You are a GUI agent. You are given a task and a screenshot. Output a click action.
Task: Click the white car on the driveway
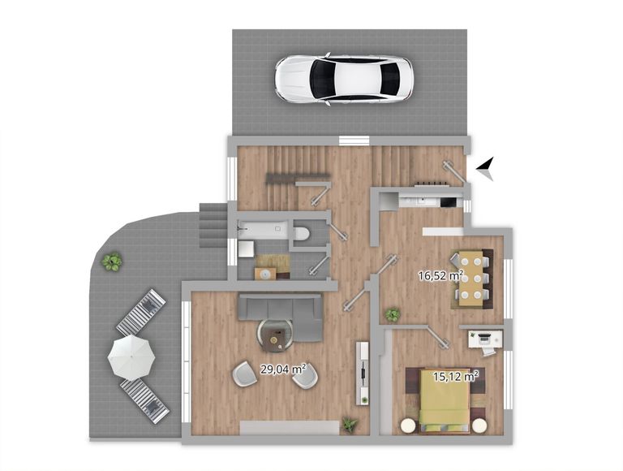(344, 79)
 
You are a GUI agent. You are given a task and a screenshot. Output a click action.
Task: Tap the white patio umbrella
(131, 356)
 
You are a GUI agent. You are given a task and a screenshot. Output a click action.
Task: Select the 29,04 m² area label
(283, 369)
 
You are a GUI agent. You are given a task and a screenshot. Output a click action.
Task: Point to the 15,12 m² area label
(455, 376)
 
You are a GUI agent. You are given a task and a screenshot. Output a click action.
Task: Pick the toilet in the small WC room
(301, 234)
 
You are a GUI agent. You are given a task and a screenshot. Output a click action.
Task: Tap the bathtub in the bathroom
(262, 230)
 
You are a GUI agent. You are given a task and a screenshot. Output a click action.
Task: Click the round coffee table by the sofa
(276, 335)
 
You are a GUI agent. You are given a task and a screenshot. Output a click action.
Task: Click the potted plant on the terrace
(112, 261)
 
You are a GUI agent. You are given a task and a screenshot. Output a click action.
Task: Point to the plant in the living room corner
(350, 425)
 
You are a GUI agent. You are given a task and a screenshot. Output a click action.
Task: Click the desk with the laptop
(486, 339)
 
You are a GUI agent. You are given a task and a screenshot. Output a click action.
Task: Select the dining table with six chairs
(471, 278)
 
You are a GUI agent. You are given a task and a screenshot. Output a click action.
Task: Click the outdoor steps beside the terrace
(213, 225)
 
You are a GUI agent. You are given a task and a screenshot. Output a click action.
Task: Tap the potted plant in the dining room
(393, 315)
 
